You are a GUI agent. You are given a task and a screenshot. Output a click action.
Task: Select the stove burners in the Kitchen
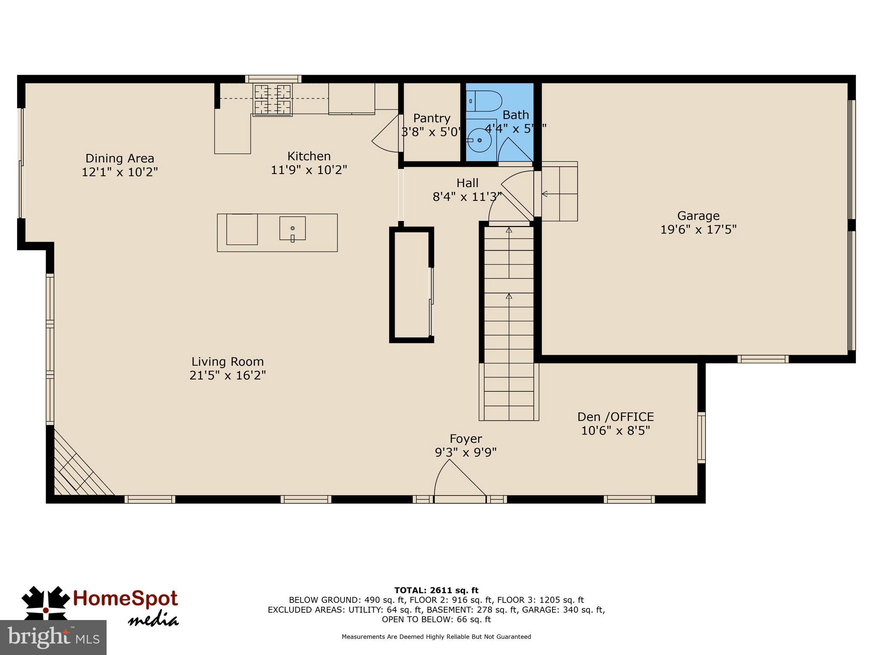(273, 100)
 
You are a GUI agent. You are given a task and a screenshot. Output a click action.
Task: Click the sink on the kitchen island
(292, 229)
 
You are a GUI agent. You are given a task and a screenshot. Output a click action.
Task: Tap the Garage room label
(698, 216)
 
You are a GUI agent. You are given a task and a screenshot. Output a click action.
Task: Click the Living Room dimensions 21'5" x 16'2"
(228, 375)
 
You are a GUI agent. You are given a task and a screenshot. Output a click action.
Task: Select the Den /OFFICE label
(615, 417)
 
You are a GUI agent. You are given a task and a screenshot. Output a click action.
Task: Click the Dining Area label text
(120, 158)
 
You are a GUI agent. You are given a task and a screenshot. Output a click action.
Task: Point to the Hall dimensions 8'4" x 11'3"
(467, 197)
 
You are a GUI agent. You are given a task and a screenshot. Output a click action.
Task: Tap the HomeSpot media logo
(101, 606)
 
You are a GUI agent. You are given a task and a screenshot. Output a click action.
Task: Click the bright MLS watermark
(53, 637)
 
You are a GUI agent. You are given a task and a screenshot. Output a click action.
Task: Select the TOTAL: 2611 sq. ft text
(436, 590)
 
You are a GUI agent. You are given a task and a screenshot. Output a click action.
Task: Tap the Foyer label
(465, 438)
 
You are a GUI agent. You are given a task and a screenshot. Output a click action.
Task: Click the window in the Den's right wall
(701, 437)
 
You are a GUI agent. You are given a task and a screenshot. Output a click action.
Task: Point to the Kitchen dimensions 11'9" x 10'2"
(309, 170)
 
